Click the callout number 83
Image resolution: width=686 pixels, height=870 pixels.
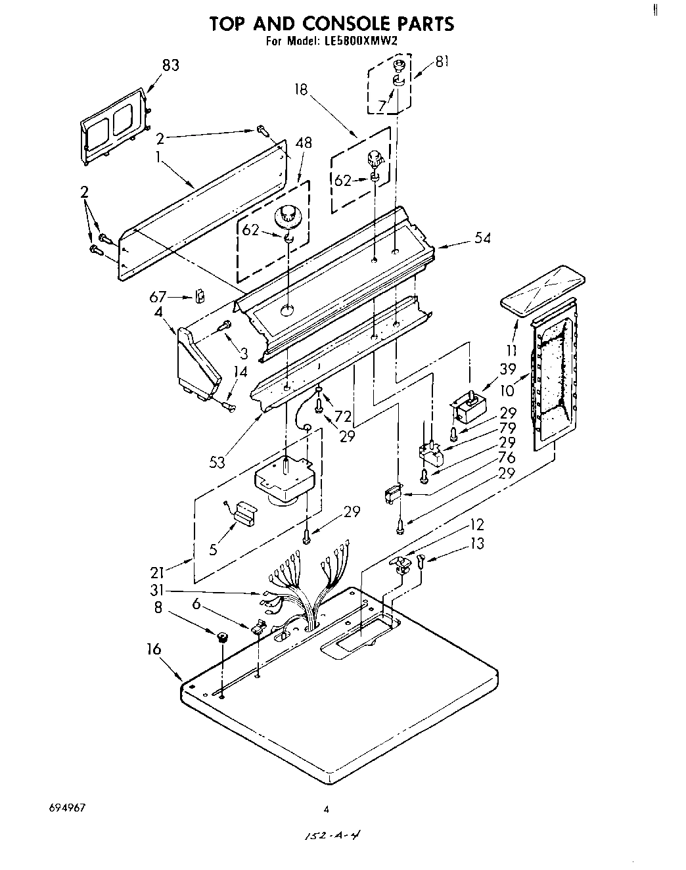point(170,65)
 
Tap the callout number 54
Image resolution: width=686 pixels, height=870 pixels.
point(482,239)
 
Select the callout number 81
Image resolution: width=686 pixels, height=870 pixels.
point(442,62)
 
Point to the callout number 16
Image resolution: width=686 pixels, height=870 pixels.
point(154,650)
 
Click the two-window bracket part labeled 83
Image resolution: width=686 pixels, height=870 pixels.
point(114,125)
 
